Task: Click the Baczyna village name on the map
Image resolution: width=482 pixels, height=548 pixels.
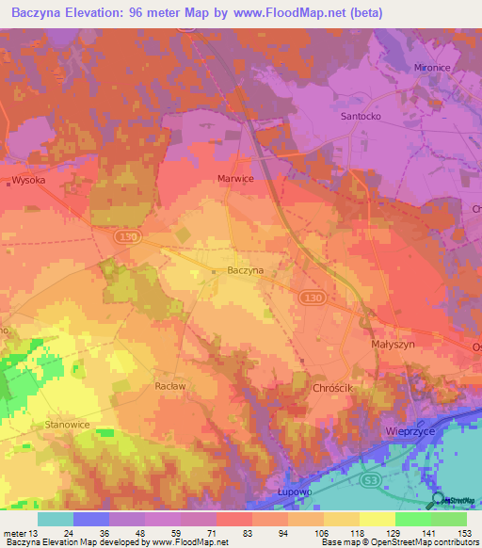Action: (246, 271)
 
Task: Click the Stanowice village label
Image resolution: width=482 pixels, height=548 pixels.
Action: (66, 426)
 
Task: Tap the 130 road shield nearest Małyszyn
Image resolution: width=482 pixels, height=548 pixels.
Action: (313, 297)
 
